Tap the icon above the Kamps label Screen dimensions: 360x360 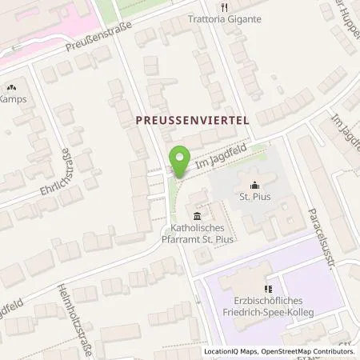pyautogui.click(x=12, y=86)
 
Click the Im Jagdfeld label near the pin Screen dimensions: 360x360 pyautogui.click(x=218, y=158)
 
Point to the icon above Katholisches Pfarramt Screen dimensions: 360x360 pyautogui.click(x=197, y=215)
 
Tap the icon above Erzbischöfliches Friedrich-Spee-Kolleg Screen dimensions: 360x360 pyautogui.click(x=268, y=289)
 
